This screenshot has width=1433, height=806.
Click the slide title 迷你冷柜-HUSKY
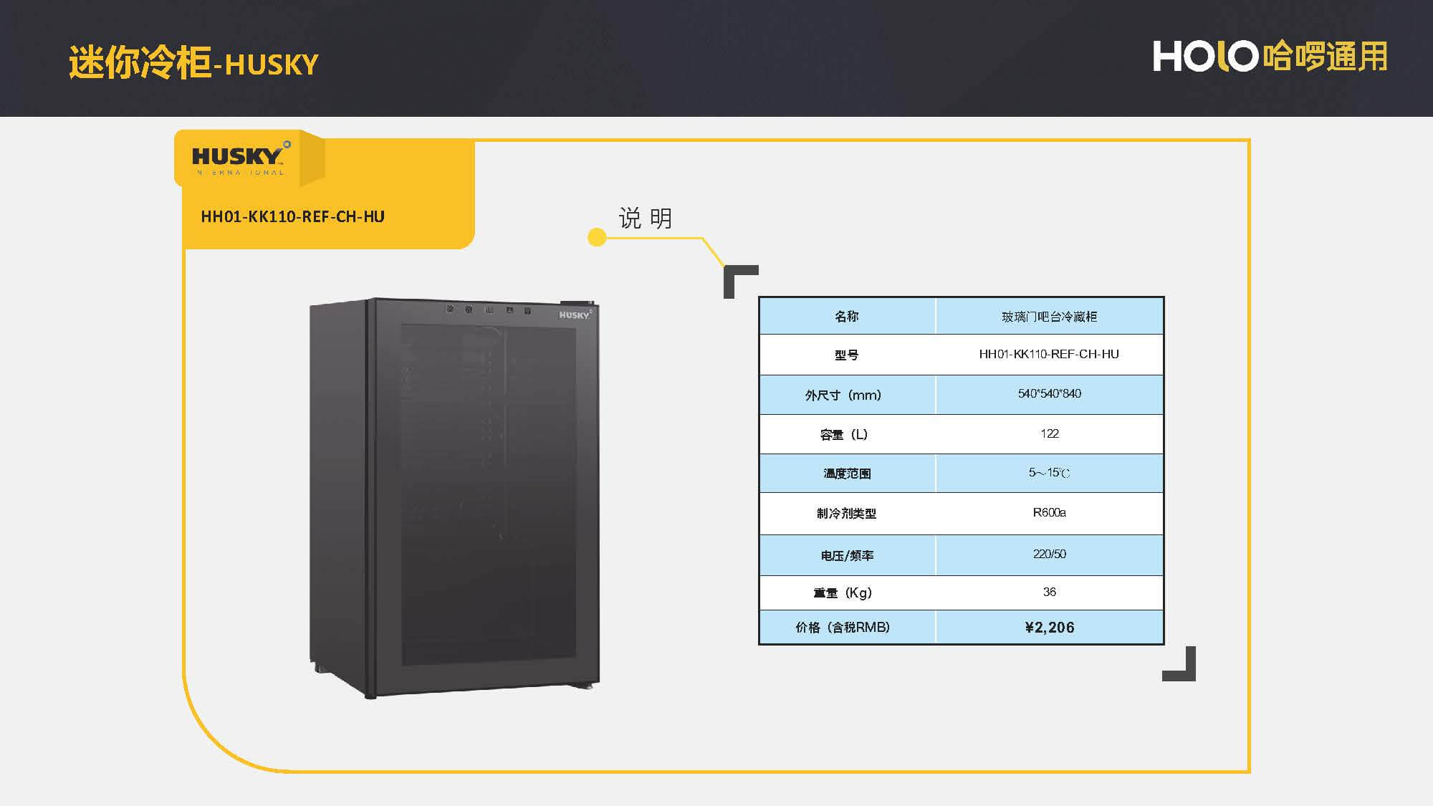(193, 63)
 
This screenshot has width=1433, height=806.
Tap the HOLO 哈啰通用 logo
(1269, 56)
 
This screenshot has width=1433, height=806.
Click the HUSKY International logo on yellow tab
(239, 159)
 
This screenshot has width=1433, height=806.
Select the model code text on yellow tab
(292, 216)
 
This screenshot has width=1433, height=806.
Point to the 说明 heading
(645, 218)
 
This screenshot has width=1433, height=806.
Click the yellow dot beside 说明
(596, 237)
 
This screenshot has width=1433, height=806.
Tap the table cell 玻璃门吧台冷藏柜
(1049, 317)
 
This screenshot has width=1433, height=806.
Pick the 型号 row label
(846, 355)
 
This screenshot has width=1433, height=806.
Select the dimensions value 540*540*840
(1049, 393)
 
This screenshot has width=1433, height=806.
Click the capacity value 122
(1049, 433)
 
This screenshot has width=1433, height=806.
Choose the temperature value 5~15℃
(1049, 473)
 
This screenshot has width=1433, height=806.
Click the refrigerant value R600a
(1049, 512)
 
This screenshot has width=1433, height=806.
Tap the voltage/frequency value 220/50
(1049, 554)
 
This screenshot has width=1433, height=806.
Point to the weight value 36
(1049, 592)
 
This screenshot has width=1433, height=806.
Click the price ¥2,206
(1049, 628)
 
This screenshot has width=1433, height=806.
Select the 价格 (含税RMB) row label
(843, 628)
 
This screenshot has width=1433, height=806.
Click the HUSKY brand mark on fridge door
(574, 315)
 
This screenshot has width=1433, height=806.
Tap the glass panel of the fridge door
(487, 494)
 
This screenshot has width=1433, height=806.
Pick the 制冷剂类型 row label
(846, 513)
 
